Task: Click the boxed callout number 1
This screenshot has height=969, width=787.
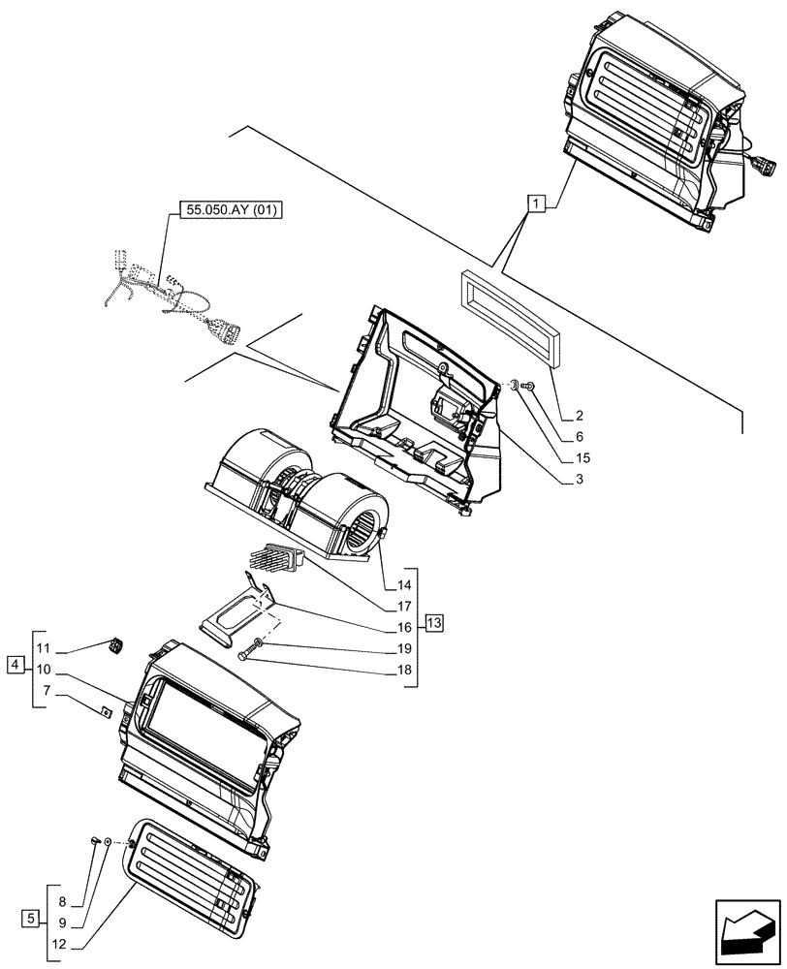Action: [x=536, y=203]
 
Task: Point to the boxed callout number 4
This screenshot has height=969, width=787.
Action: [x=14, y=665]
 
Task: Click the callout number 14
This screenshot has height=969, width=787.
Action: [x=403, y=584]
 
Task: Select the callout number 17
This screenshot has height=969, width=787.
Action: [x=403, y=607]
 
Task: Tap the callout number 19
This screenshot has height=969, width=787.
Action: [x=403, y=648]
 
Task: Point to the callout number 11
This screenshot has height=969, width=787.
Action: [x=44, y=647]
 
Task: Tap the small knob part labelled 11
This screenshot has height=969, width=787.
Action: [x=117, y=642]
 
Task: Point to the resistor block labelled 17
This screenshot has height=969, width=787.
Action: [x=275, y=559]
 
